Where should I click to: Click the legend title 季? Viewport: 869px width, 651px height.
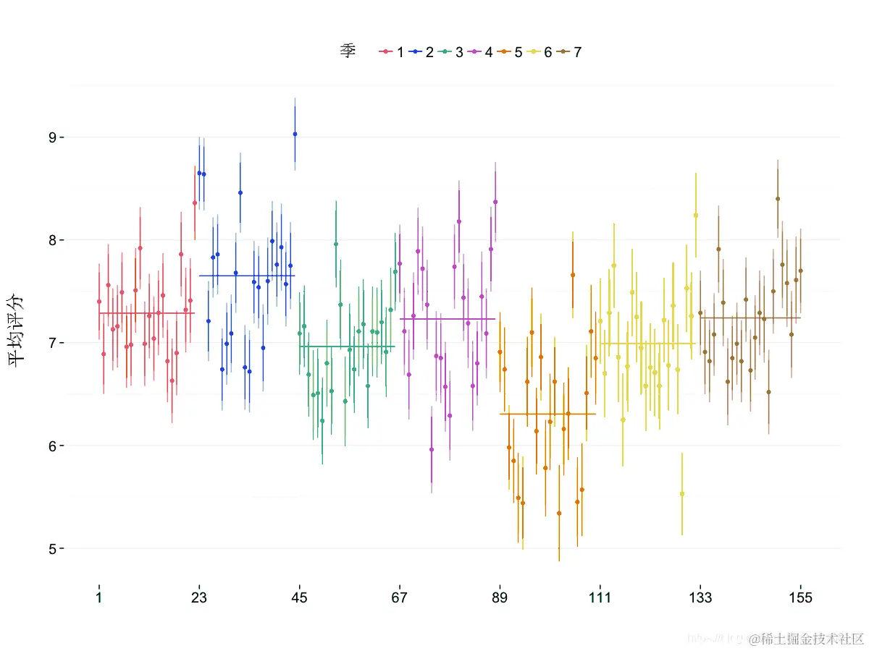348,51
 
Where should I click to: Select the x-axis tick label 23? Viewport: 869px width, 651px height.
199,597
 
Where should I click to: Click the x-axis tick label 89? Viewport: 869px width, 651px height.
500,597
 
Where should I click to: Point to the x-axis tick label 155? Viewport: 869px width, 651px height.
801,597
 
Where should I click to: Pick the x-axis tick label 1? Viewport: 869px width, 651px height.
99,597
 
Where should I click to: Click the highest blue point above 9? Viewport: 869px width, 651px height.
295,134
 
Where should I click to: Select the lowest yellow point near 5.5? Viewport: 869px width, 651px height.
682,494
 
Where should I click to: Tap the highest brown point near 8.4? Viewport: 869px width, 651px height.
778,199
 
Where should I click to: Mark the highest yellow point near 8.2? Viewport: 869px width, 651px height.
696,216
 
